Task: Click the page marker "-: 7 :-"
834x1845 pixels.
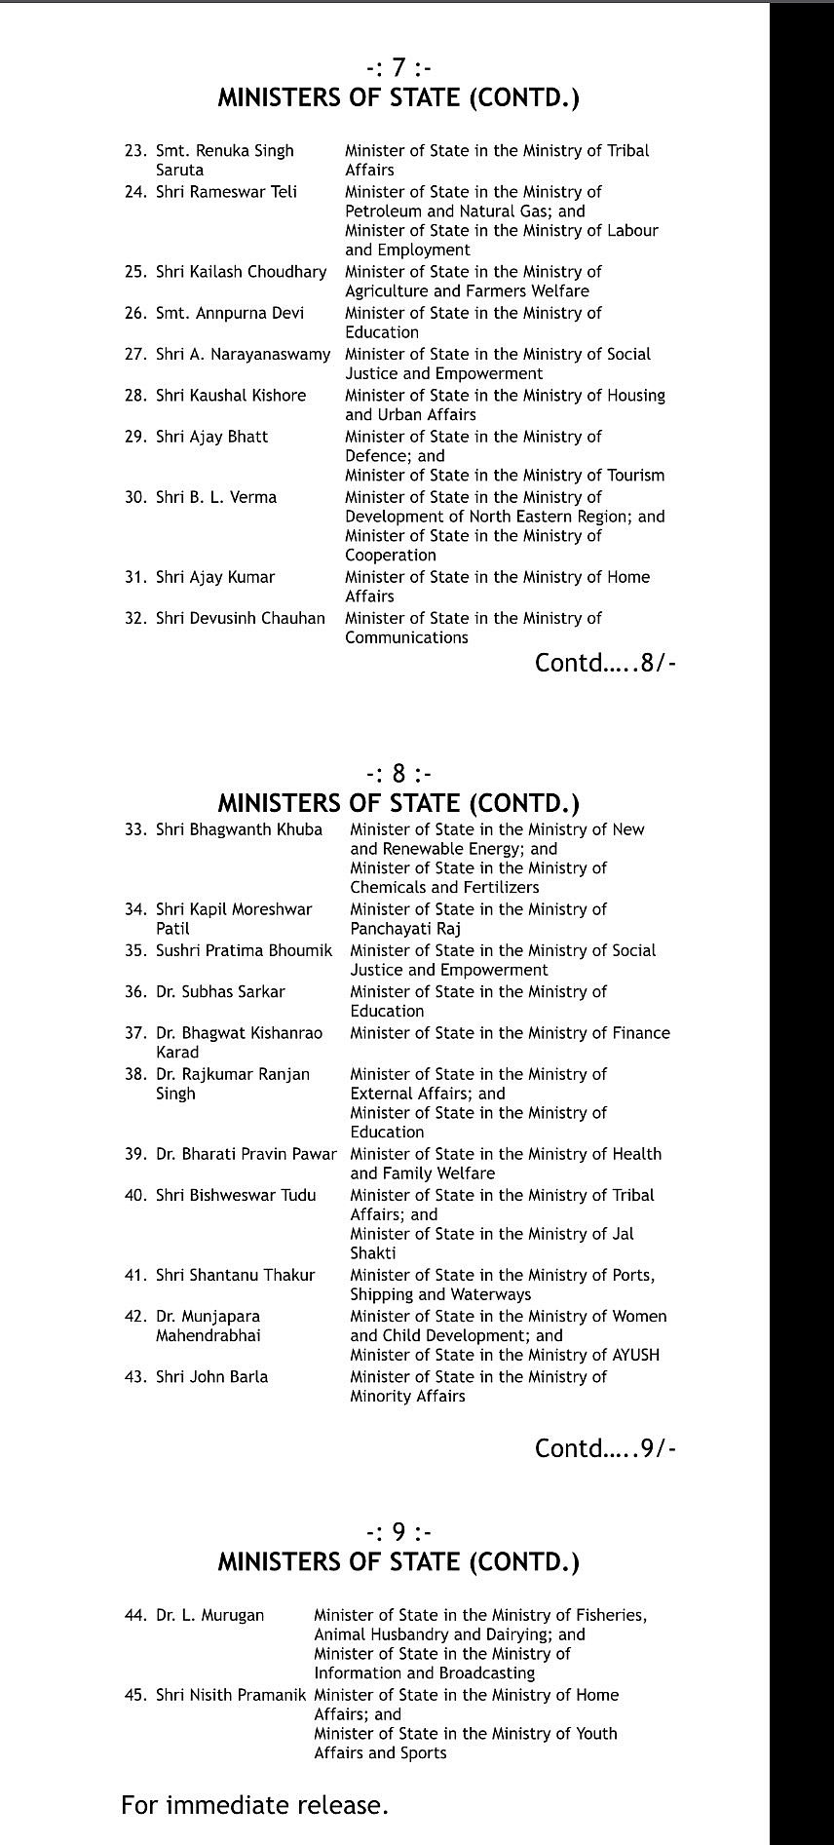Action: tap(398, 68)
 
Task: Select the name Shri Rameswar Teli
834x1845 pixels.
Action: tap(226, 192)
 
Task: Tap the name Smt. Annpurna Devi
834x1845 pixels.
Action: tap(230, 313)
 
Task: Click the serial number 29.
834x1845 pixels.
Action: tap(134, 437)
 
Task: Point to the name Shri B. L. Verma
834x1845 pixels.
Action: tap(216, 497)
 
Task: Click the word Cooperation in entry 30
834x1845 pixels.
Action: tap(391, 556)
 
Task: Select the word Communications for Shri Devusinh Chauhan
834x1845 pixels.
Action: tap(406, 637)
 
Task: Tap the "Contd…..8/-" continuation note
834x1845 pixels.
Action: tap(605, 664)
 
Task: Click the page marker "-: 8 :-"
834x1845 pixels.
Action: tap(398, 774)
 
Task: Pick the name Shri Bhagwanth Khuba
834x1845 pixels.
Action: tap(239, 829)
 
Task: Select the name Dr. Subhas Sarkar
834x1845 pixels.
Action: tap(220, 991)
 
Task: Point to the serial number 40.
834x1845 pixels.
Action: tap(134, 1195)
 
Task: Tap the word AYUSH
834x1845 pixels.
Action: tap(633, 1355)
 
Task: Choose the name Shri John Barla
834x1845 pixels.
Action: tap(211, 1376)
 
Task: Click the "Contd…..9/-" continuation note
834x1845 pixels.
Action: tap(605, 1448)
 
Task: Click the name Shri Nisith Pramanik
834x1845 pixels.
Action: tap(230, 1695)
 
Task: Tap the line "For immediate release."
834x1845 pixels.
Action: tap(254, 1805)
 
